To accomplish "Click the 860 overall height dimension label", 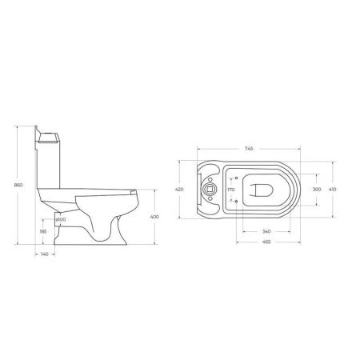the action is coord(18,185).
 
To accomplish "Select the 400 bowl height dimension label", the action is coord(154,217).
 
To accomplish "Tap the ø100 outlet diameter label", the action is coord(61,219).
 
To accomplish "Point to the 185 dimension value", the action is coord(43,231).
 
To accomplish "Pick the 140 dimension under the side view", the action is coord(45,254).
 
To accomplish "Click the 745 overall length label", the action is coord(249,149).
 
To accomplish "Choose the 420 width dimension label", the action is coord(179,190).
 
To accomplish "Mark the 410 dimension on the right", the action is coord(332,190).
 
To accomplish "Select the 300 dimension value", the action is coord(317,190).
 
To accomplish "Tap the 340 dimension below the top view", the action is coord(266,231).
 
